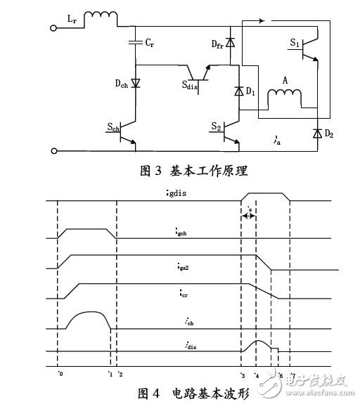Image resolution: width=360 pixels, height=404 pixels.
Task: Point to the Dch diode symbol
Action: tap(136, 83)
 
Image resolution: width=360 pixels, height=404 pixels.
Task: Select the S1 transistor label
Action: tap(296, 43)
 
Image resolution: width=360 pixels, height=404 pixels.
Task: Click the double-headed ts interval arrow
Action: tap(248, 216)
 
